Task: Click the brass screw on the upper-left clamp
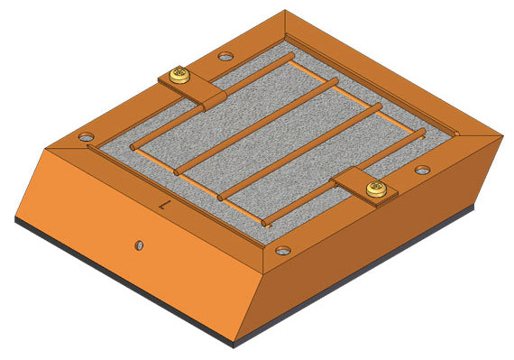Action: point(180,74)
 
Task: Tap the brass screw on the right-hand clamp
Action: point(375,189)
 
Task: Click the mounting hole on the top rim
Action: point(225,56)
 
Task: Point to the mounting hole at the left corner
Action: point(86,137)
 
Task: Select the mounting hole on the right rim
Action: point(422,170)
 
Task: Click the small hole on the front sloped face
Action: point(139,245)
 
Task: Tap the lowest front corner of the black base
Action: point(236,346)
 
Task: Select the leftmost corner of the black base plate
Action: point(15,219)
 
